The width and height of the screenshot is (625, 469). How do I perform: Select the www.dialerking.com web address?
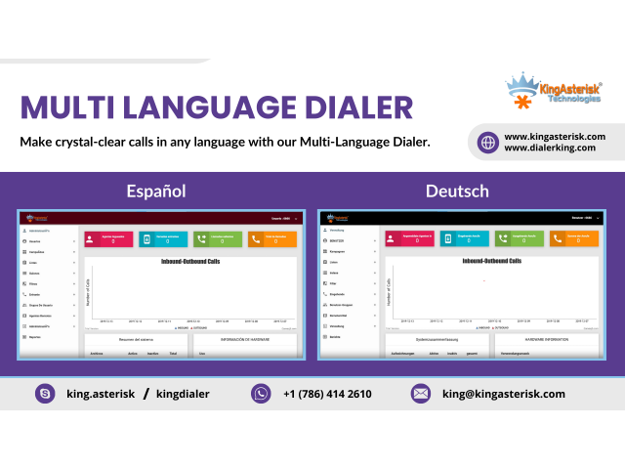(550, 148)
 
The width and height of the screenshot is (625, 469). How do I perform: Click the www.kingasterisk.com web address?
(555, 136)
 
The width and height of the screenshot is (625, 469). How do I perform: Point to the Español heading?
(156, 191)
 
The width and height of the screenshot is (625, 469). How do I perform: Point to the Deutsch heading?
(457, 191)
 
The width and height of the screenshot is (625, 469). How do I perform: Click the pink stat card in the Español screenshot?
(107, 238)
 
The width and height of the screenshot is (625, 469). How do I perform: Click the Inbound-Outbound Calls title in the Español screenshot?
(187, 262)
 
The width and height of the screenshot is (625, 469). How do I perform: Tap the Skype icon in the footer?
(44, 394)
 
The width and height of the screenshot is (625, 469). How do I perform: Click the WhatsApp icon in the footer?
(261, 394)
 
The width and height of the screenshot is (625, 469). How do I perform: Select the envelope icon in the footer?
(421, 394)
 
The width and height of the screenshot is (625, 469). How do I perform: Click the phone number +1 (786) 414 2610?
(327, 394)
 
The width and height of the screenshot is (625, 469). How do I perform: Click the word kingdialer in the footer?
(183, 394)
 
